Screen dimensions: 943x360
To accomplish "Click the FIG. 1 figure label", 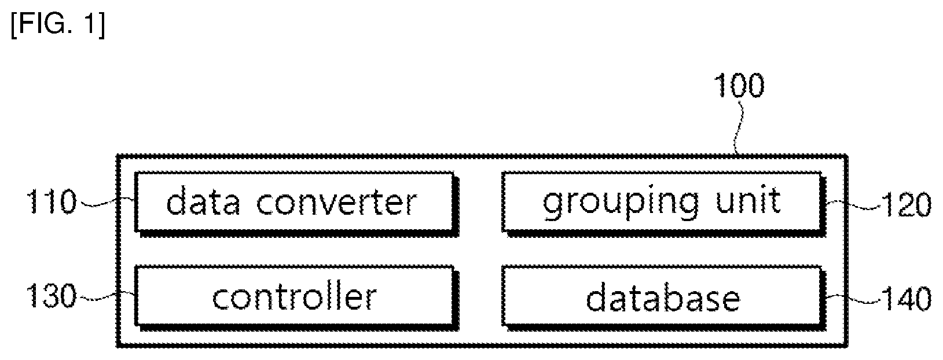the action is [58, 25].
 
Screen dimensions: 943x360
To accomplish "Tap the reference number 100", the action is [739, 86].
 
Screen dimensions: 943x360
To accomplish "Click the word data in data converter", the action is [203, 201].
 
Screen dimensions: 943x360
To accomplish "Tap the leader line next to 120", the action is [853, 205].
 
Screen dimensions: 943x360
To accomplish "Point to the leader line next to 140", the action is [853, 299].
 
